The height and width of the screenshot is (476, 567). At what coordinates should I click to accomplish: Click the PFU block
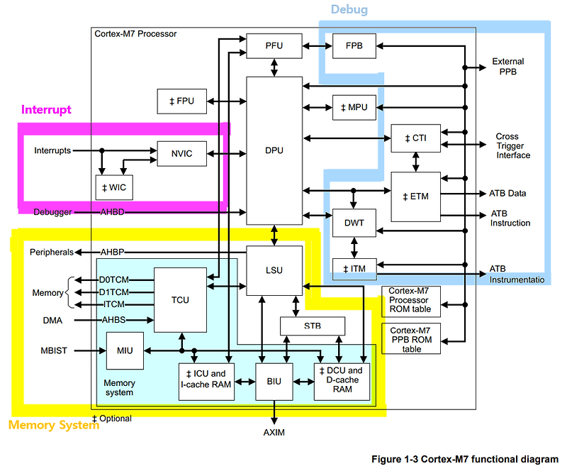click(274, 45)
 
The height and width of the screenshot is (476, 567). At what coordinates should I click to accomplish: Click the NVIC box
click(182, 153)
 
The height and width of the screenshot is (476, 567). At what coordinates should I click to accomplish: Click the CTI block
click(415, 138)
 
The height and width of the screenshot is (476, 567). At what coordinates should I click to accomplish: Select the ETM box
click(415, 197)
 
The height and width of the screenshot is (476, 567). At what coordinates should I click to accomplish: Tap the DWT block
click(353, 222)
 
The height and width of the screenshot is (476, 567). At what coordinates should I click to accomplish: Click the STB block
click(313, 326)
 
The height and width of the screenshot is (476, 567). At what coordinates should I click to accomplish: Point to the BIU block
click(274, 381)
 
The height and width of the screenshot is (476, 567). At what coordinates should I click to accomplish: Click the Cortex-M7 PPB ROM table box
click(411, 339)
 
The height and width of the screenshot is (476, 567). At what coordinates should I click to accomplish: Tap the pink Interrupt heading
click(46, 110)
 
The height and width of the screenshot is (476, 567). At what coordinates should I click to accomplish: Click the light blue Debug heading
click(349, 10)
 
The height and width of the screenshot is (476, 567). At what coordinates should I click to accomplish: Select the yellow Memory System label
click(53, 425)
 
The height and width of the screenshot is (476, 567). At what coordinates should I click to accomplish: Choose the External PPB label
click(508, 67)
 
